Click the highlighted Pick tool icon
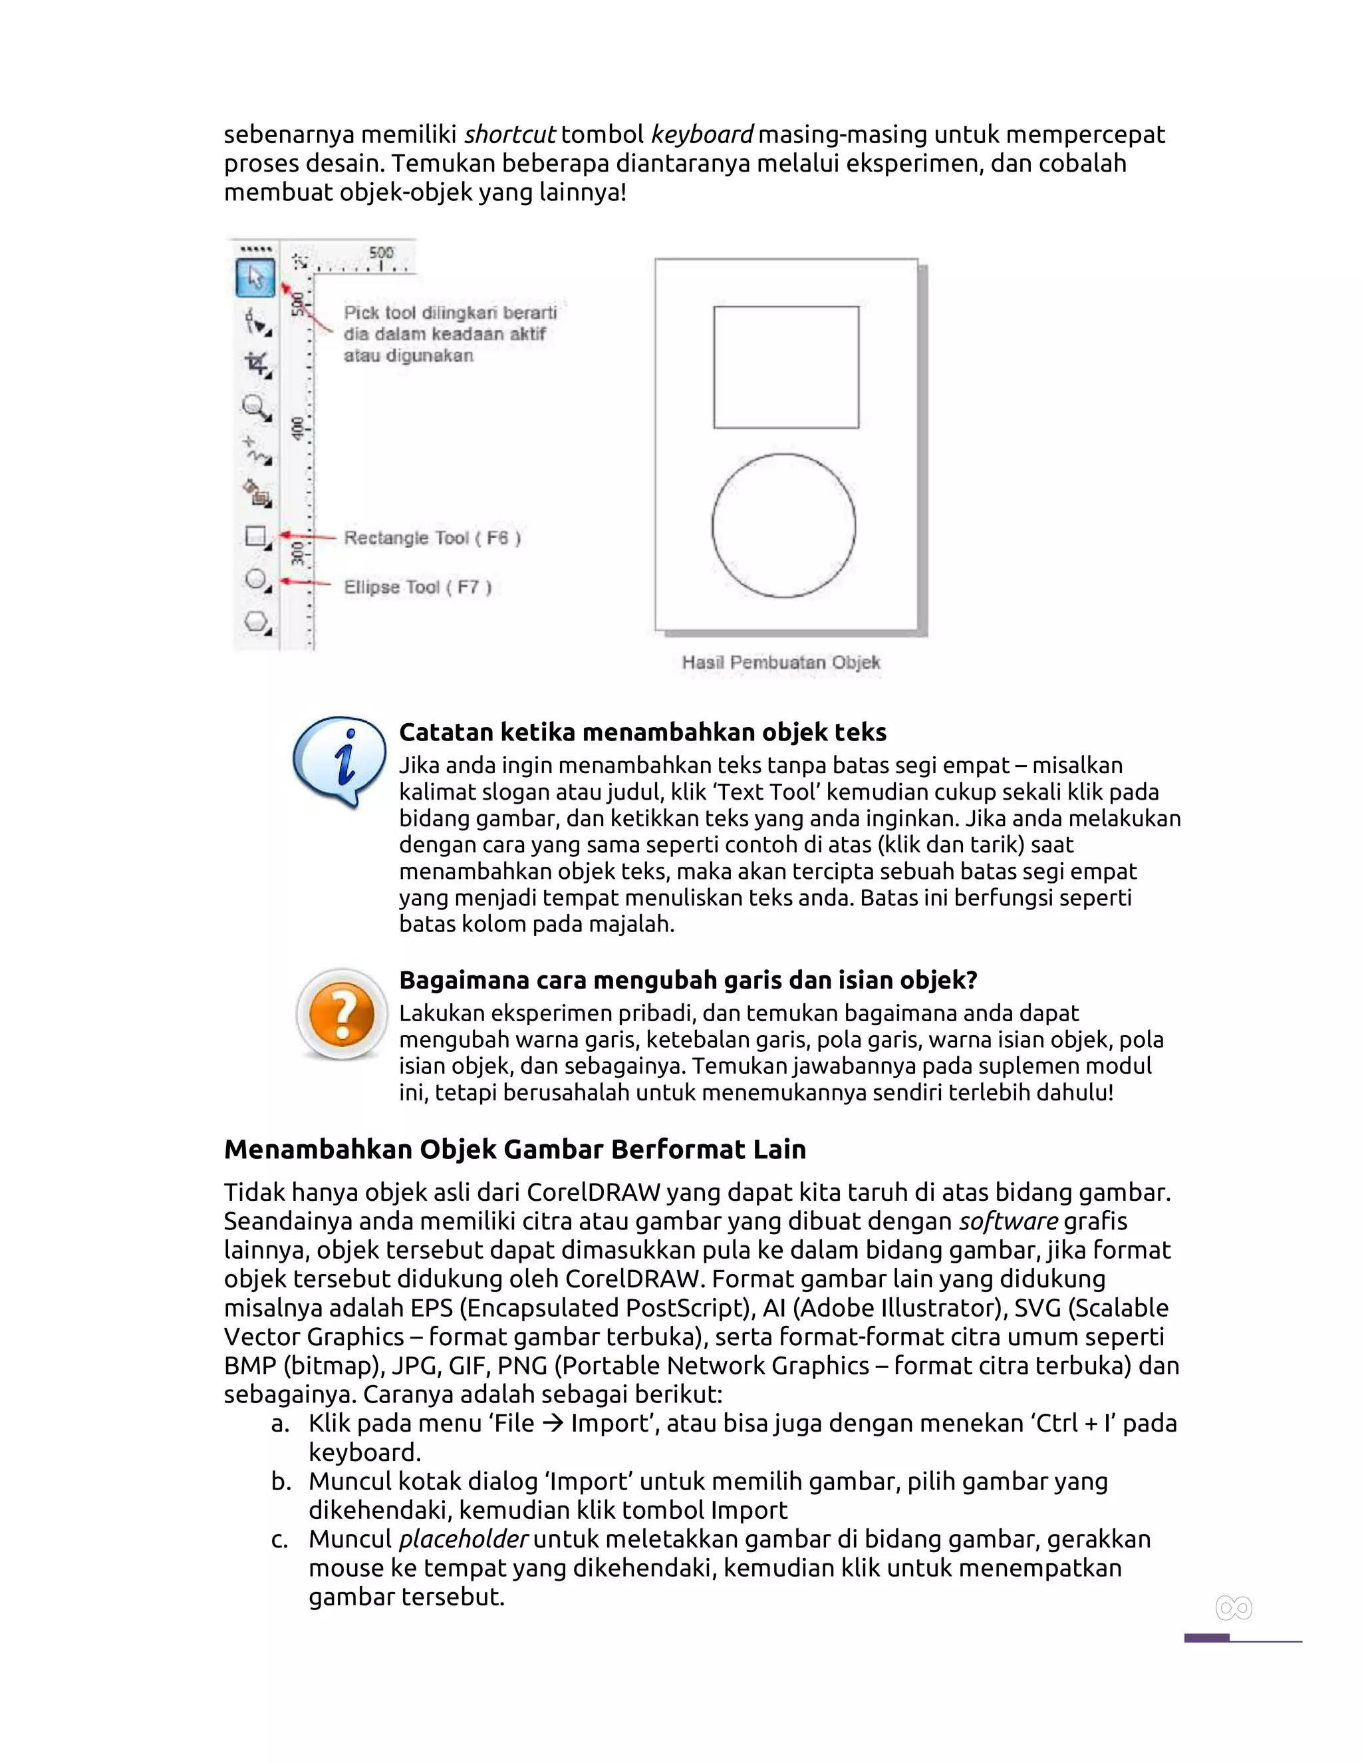click(x=255, y=279)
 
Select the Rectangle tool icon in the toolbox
click(x=256, y=536)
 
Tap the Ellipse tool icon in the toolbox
click(x=257, y=579)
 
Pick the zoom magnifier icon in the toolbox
click(x=257, y=408)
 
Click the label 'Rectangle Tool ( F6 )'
click(x=432, y=538)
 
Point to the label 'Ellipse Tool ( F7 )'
click(x=418, y=587)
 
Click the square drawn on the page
click(x=786, y=367)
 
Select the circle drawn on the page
click(x=783, y=526)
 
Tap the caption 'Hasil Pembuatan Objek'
click(x=780, y=663)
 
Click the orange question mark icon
click(x=342, y=1014)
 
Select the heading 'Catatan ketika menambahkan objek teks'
click(x=642, y=732)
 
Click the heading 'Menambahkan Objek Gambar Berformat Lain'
click(x=515, y=1149)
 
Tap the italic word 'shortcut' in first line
click(x=509, y=134)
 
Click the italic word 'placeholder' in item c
click(x=463, y=1539)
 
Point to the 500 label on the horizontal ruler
click(x=381, y=253)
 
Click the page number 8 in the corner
click(x=1233, y=1609)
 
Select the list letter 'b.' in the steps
click(x=281, y=1482)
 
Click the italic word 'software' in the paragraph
click(x=1008, y=1221)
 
